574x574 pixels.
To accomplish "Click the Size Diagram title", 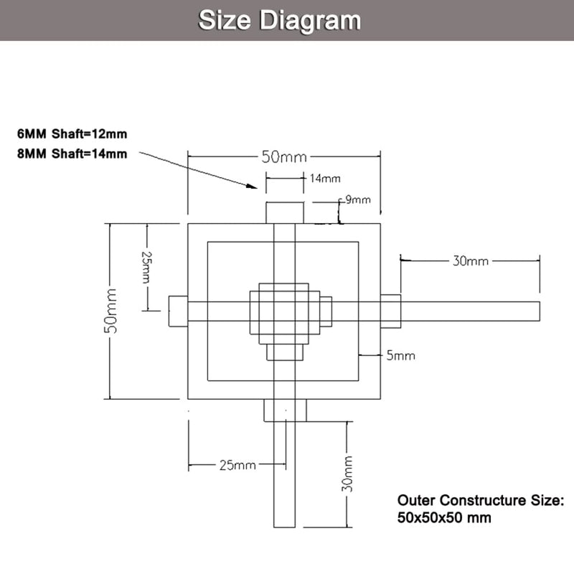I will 279,20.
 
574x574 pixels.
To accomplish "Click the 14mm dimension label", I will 325,178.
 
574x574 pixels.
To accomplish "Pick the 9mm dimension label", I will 357,200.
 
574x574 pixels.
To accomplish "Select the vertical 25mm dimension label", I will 146,267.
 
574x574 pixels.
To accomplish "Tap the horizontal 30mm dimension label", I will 470,261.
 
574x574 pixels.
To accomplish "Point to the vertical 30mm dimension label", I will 347,474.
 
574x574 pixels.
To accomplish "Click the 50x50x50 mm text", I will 444,517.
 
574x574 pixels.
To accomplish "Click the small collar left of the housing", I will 178,311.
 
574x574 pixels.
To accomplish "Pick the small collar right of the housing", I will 390,311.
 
